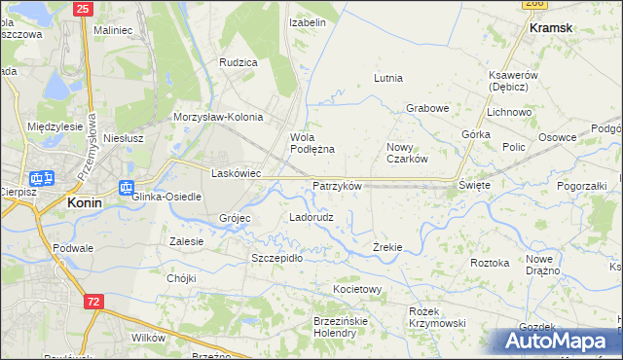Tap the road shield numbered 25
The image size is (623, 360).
pyautogui.click(x=82, y=9)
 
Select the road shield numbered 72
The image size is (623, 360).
pyautogui.click(x=92, y=302)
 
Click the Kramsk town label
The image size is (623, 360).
pyautogui.click(x=551, y=28)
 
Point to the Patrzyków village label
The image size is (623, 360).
pyautogui.click(x=337, y=186)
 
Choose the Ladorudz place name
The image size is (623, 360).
pyautogui.click(x=311, y=217)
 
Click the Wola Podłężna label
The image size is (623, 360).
pyautogui.click(x=312, y=143)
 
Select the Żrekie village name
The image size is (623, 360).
pyautogui.click(x=387, y=247)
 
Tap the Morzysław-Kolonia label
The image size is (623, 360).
pyautogui.click(x=218, y=117)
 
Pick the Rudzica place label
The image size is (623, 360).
pyautogui.click(x=238, y=62)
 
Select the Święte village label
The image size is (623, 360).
pyautogui.click(x=474, y=184)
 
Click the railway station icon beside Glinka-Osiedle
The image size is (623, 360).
pyautogui.click(x=126, y=188)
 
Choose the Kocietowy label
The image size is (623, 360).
pyautogui.click(x=357, y=290)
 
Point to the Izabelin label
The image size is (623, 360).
pyautogui.click(x=308, y=21)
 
